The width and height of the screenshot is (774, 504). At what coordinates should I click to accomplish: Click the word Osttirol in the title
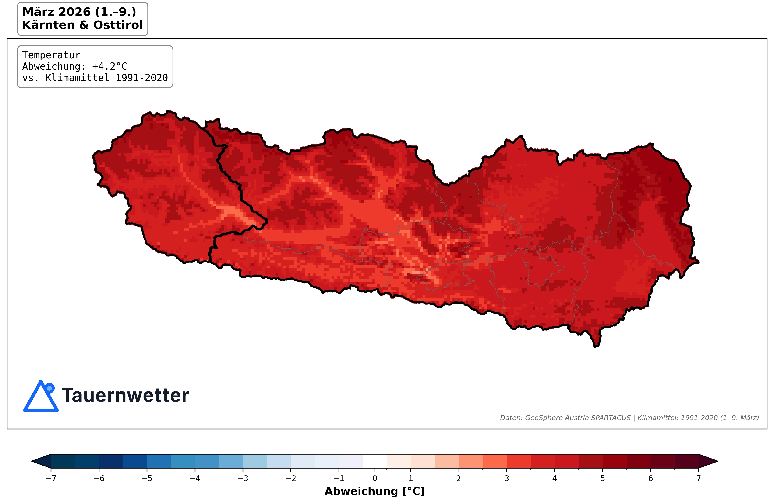[x=118, y=25]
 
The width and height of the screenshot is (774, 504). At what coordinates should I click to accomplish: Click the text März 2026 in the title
[x=56, y=12]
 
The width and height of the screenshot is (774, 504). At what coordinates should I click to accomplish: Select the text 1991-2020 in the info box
[x=142, y=78]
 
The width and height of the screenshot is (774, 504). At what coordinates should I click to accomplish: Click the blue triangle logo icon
[x=40, y=398]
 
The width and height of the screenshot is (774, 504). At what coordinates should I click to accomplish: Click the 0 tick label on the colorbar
[x=375, y=478]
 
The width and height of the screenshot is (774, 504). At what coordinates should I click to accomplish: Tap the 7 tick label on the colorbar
[x=698, y=478]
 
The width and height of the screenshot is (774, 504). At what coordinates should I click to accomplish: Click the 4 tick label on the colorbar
[x=555, y=478]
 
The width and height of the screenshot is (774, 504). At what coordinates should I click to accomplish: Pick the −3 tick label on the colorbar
[x=243, y=478]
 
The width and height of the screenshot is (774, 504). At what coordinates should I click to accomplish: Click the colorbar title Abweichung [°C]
[x=375, y=491]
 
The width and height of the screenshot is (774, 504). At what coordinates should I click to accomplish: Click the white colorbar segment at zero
[x=375, y=461]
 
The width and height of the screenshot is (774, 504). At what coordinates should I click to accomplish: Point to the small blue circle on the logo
[x=49, y=388]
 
